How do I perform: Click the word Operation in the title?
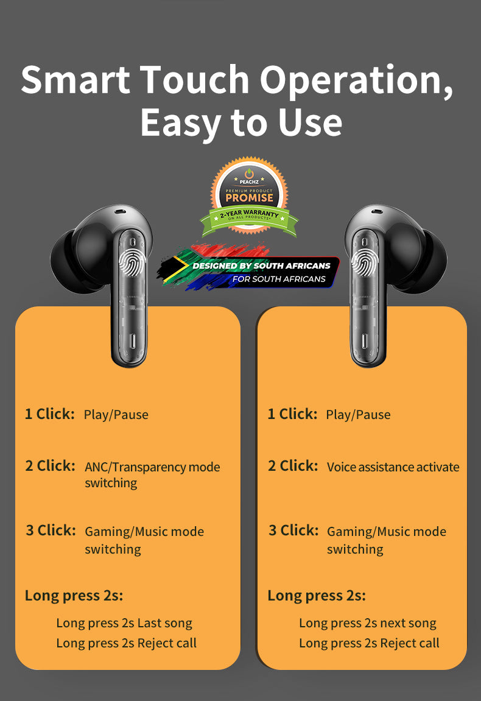point(356,79)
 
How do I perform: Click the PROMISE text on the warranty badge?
point(250,197)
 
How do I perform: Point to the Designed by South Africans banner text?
point(261,266)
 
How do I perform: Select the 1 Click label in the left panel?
point(49,414)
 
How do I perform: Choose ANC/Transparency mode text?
point(152,467)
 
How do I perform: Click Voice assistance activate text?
point(393,467)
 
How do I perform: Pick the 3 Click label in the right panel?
point(293,530)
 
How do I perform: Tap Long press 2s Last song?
point(124,623)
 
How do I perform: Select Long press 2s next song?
point(367,623)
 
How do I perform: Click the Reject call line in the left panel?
point(126,643)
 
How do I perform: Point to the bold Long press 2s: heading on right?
point(317,596)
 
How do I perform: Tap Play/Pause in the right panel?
point(358,415)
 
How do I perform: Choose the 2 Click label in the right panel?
point(293,466)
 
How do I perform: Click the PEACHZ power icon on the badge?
point(249,174)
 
